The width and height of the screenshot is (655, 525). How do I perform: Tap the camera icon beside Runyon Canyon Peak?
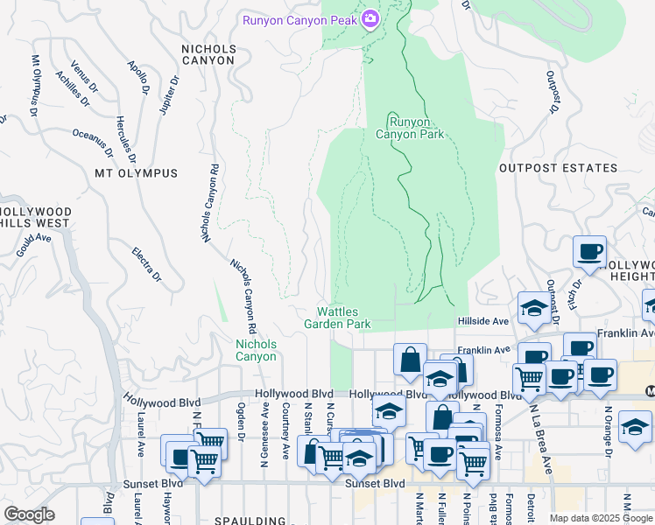tap(370, 18)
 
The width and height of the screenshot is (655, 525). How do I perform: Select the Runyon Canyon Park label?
tap(410, 128)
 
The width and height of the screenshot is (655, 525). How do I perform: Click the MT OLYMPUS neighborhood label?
tap(136, 173)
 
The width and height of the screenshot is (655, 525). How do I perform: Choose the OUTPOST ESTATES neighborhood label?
tap(558, 167)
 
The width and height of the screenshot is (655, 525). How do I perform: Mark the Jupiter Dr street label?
tap(167, 95)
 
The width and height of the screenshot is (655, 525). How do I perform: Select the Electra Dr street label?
tap(146, 264)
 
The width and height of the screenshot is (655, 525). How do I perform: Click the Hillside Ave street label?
tap(482, 322)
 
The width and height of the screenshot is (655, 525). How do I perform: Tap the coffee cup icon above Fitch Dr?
tap(589, 252)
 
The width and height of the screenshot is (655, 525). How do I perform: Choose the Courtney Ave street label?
tap(285, 430)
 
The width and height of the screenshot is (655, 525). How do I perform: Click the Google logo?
tap(29, 514)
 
